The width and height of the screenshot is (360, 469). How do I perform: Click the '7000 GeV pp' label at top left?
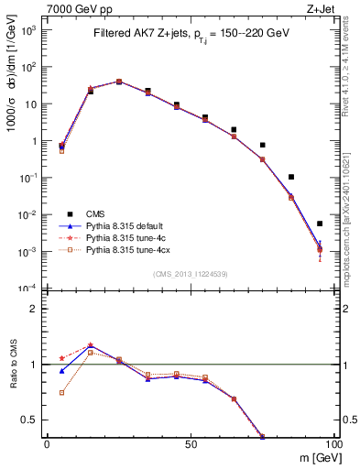click(76, 8)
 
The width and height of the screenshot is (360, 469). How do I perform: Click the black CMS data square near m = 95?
click(320, 224)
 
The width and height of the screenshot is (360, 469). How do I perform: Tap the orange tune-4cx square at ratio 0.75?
click(62, 392)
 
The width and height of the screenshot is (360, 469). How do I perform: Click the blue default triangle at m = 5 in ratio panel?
click(62, 371)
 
